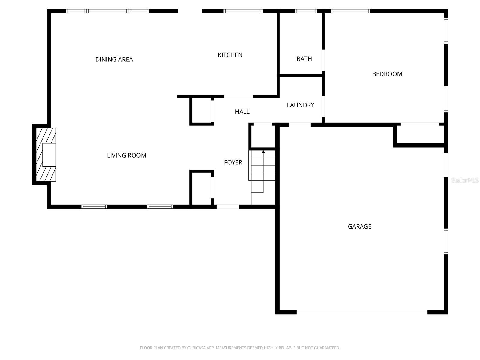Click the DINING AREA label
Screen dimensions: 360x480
tap(114, 59)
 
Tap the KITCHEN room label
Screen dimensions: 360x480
tap(230, 55)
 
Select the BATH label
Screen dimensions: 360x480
tap(304, 59)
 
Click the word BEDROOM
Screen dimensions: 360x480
tap(387, 74)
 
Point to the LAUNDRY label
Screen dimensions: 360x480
tap(300, 105)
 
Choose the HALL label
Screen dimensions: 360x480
tap(242, 112)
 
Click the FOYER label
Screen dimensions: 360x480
tap(233, 162)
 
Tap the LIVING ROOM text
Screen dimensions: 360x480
tap(127, 155)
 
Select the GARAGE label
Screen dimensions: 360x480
tap(359, 226)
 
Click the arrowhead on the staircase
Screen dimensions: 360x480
tap(263, 152)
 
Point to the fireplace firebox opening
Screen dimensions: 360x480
tap(49, 155)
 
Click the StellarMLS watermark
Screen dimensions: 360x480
tap(465, 180)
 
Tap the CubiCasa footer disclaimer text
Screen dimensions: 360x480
tap(240, 348)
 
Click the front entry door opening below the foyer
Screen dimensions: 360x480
tap(228, 207)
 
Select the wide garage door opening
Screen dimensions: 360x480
tap(362, 312)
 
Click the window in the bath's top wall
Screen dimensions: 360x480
tap(306, 11)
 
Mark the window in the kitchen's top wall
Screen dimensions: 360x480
tap(243, 11)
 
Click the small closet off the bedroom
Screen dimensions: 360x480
tap(420, 134)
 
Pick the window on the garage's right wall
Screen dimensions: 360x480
tap(446, 241)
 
